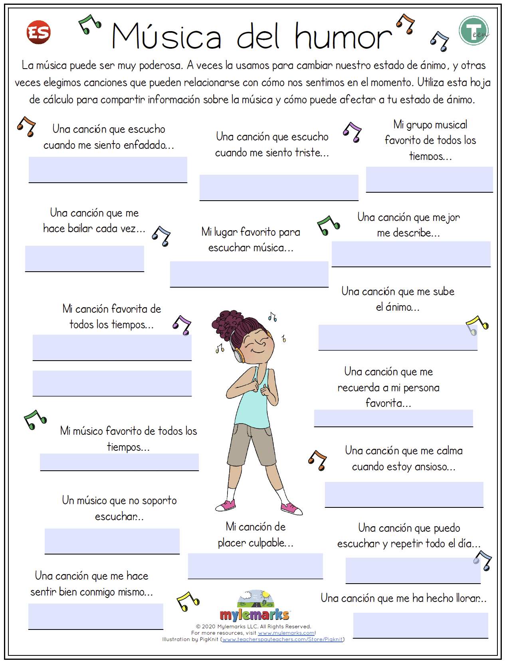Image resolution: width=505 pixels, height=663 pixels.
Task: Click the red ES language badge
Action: [39, 32]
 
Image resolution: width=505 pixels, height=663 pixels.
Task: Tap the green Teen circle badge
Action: [473, 31]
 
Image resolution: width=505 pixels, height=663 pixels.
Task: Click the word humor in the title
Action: [343, 37]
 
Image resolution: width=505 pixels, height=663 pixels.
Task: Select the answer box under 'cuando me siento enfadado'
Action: [108, 170]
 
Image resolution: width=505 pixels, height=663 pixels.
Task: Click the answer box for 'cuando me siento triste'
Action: [279, 187]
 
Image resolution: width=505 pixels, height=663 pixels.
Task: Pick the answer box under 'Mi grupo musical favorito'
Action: [429, 179]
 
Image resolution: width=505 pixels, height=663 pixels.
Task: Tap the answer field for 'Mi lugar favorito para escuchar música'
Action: [249, 274]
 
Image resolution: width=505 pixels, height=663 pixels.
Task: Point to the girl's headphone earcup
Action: [239, 355]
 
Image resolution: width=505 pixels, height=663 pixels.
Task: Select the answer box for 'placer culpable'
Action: [255, 566]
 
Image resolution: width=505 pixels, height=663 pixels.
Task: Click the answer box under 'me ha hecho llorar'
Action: [420, 625]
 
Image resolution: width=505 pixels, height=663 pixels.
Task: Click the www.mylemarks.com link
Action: [286, 633]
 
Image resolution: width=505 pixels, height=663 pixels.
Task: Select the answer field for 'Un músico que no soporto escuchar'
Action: [112, 541]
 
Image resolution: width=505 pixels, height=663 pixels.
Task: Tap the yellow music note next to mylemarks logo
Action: [188, 602]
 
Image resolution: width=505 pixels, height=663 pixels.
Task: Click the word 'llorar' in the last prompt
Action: [470, 598]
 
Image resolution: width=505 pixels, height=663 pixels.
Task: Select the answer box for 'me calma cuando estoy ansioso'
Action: [404, 494]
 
